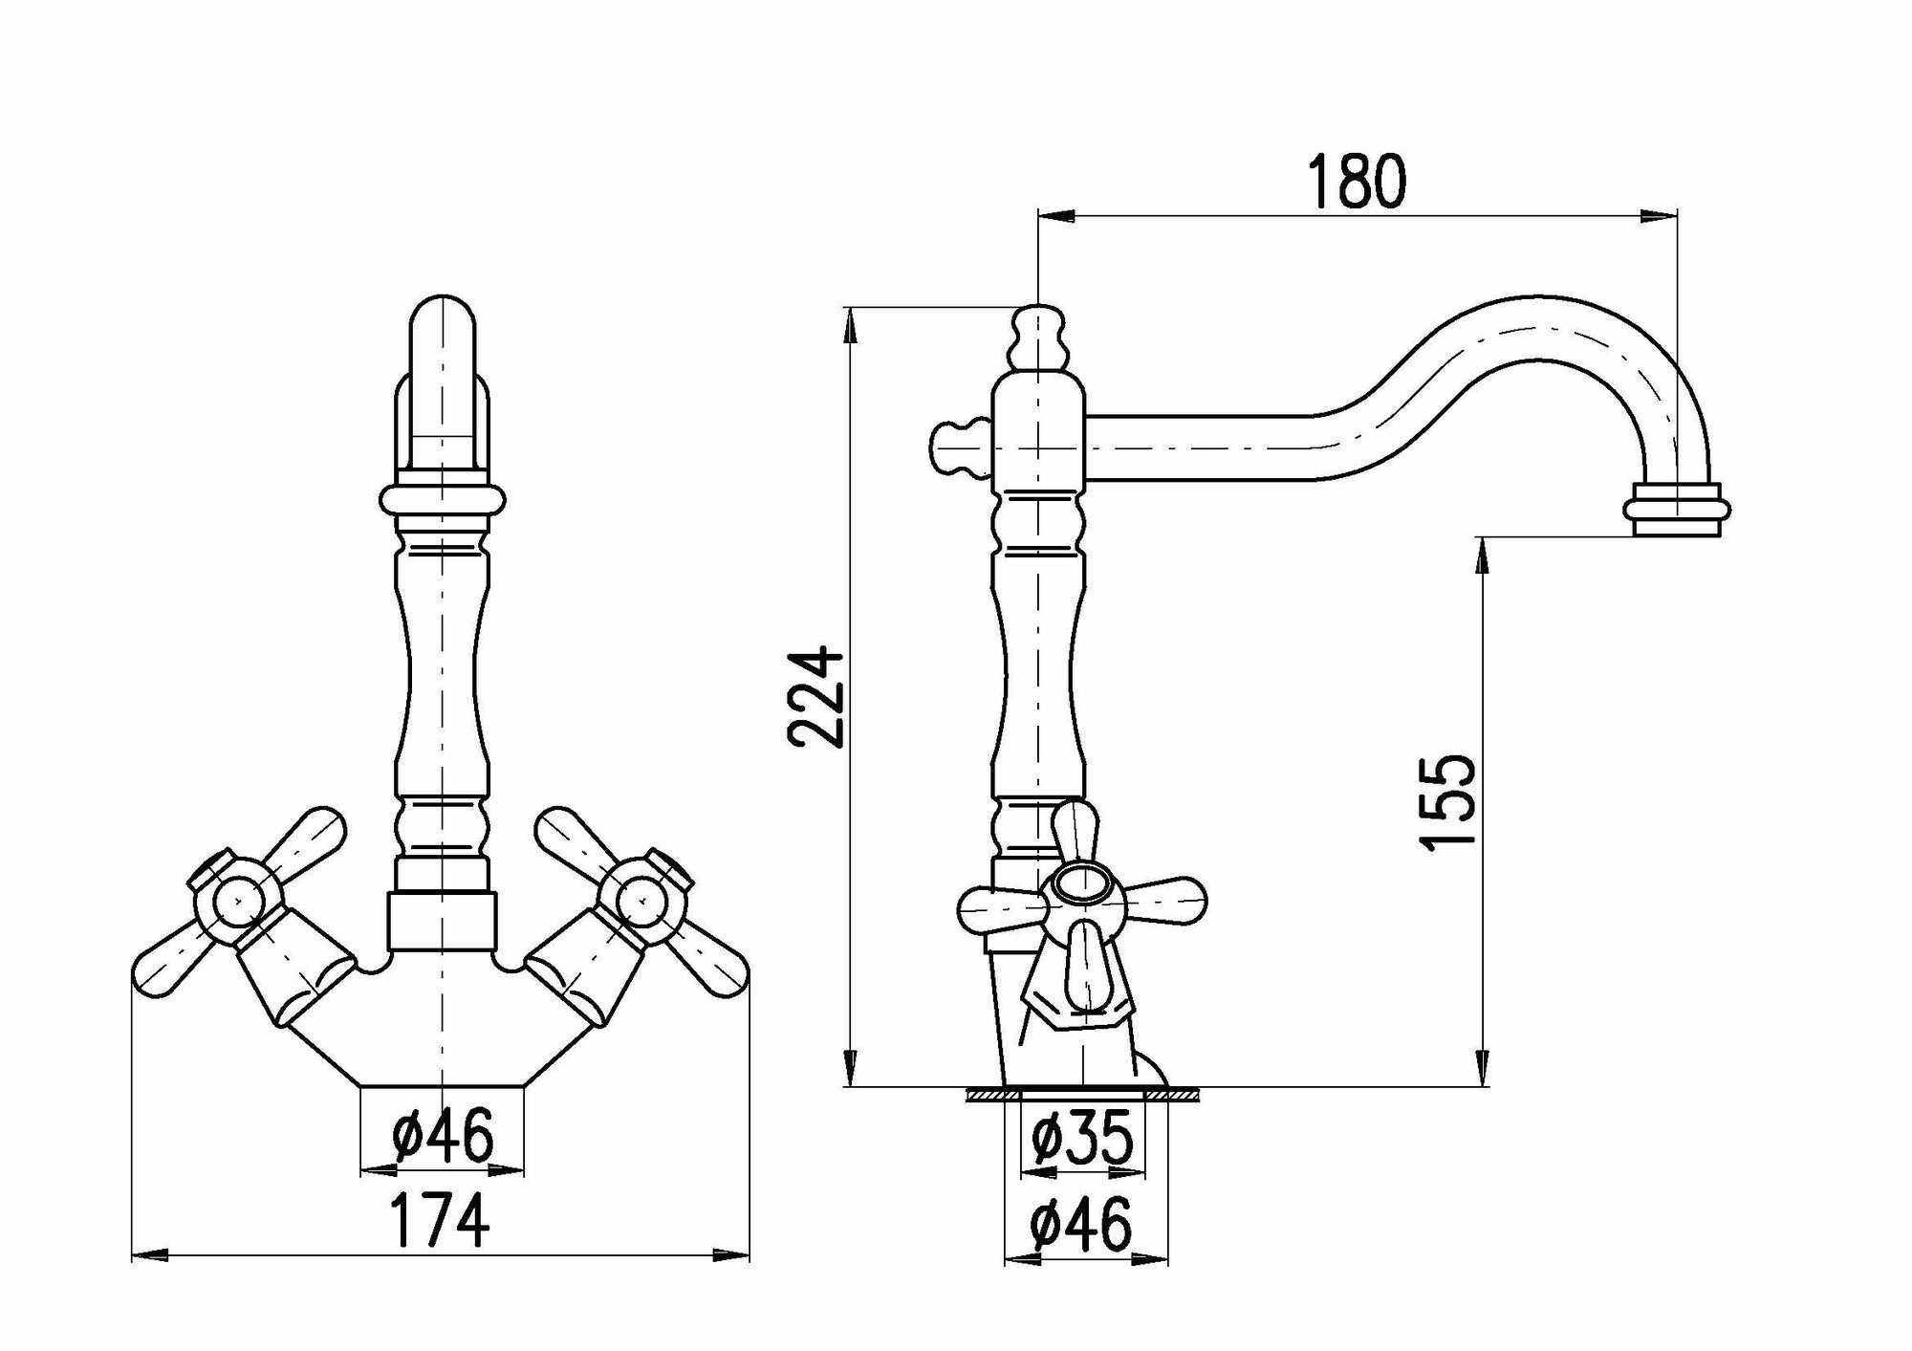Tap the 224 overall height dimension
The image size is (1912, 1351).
click(x=815, y=697)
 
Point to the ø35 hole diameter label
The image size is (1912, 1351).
click(x=1083, y=1138)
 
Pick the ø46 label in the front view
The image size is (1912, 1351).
click(x=443, y=1136)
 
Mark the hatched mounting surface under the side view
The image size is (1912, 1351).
click(x=1083, y=1094)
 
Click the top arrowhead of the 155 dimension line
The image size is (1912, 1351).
click(x=1481, y=555)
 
